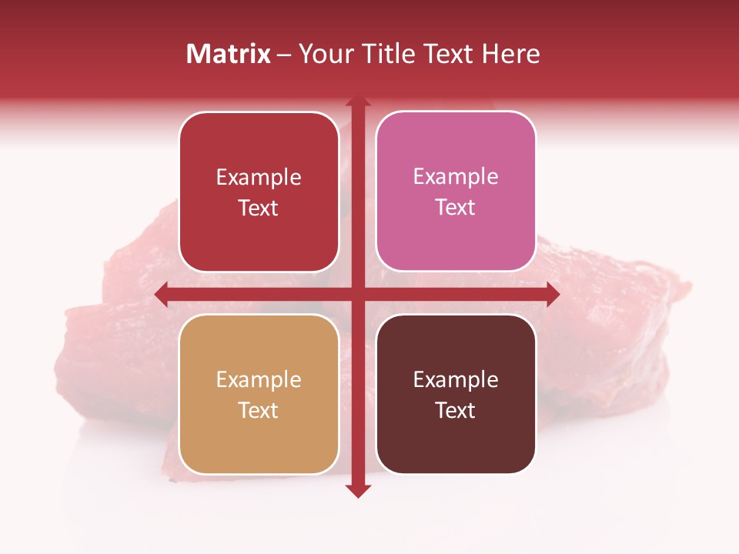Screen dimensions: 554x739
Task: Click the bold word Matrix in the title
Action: click(x=229, y=54)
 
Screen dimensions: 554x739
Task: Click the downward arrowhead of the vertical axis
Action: click(x=358, y=490)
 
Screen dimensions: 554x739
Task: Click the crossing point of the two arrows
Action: click(x=358, y=295)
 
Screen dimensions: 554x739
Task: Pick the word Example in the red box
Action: click(x=259, y=178)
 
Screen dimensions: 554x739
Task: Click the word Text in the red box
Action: click(x=259, y=208)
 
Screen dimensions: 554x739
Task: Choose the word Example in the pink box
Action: click(x=456, y=177)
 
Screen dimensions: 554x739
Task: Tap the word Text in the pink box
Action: click(x=456, y=207)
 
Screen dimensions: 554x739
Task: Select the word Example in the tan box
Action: click(x=259, y=380)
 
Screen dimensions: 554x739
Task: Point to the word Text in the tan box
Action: click(x=259, y=410)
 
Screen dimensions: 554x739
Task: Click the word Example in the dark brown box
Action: click(x=456, y=380)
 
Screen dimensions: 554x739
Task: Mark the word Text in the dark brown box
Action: click(x=456, y=410)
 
